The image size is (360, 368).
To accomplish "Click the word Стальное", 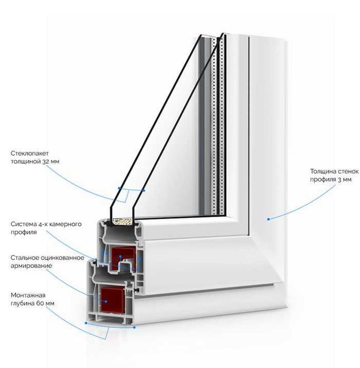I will pos(26,258).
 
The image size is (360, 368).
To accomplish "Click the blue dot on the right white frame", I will pos(268,219).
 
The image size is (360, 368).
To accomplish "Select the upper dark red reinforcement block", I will pos(124,258).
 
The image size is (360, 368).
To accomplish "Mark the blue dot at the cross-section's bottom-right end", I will pos(135,328).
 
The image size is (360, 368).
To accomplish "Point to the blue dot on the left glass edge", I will pos(120,188).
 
